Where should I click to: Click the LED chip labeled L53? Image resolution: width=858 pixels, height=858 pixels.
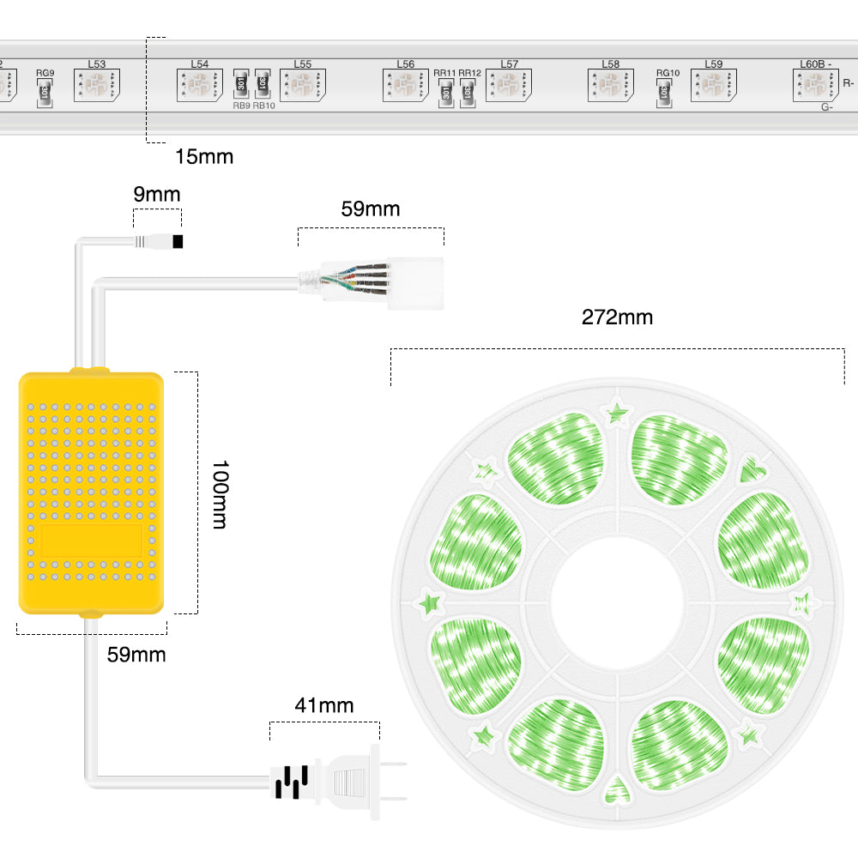(x=96, y=86)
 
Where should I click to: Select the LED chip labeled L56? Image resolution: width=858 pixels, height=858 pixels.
(x=405, y=86)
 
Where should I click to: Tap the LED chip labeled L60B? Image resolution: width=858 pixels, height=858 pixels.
(x=813, y=85)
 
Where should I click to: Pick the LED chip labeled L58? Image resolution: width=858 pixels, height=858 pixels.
(x=610, y=86)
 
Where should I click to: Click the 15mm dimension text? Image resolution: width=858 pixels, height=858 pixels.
(x=203, y=156)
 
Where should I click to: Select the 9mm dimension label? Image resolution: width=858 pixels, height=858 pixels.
(x=156, y=194)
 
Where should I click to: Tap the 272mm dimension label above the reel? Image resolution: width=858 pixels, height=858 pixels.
(x=617, y=317)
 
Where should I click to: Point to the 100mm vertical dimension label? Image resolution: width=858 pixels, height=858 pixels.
(x=219, y=494)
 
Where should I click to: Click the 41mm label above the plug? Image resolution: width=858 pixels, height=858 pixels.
(x=323, y=705)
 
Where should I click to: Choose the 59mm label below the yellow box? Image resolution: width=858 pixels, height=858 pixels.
(x=136, y=655)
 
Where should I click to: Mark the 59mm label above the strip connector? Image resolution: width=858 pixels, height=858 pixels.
(x=370, y=209)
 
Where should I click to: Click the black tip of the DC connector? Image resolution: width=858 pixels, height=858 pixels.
(x=178, y=242)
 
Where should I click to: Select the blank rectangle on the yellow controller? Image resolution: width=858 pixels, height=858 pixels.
(x=91, y=541)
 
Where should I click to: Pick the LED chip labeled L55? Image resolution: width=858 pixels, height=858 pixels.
(x=302, y=86)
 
